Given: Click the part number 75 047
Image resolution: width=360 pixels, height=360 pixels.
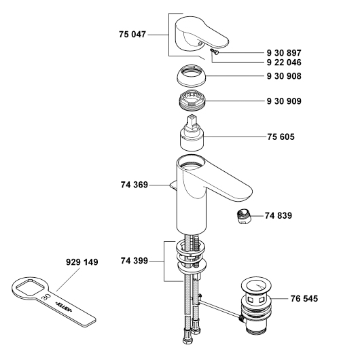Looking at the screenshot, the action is pos(132,35).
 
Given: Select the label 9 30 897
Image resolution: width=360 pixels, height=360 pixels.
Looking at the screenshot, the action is pos(284,53).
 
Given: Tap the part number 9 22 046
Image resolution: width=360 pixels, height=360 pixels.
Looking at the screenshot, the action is pos(284,62).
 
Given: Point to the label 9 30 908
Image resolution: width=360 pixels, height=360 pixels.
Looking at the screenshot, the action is pos(284,76).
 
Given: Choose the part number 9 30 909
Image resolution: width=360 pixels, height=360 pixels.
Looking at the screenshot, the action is pos(284,101).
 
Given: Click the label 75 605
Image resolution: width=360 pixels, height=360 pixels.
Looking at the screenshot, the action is pos(281,137).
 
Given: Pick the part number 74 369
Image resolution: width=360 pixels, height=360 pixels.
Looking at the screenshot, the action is pos(134,185).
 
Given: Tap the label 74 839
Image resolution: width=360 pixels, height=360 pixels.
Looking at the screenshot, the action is pos(278,216).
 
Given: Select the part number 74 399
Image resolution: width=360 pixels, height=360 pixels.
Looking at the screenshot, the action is pos(134,261).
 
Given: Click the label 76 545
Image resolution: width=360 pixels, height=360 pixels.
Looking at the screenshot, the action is pos(304,299).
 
